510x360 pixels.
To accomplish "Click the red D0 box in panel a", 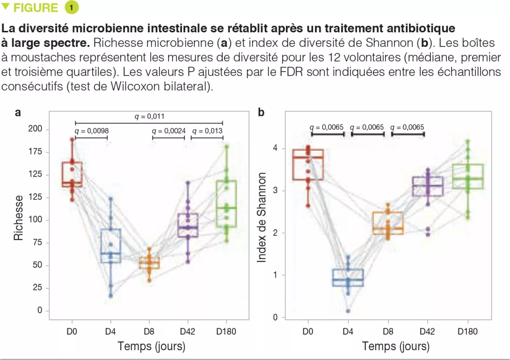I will [73, 175].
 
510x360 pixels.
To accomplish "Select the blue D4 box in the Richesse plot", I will [111, 246].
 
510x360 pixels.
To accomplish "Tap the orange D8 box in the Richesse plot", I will [149, 263].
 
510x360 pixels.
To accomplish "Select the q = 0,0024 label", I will [168, 131].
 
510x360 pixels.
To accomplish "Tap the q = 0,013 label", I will [207, 131].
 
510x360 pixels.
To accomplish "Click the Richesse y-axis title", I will [19, 218].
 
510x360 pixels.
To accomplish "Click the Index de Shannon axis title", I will [262, 217].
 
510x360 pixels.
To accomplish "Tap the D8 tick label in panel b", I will [387, 332].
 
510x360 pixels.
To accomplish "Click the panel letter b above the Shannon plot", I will [261, 113].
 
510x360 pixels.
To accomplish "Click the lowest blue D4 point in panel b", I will [348, 311].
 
